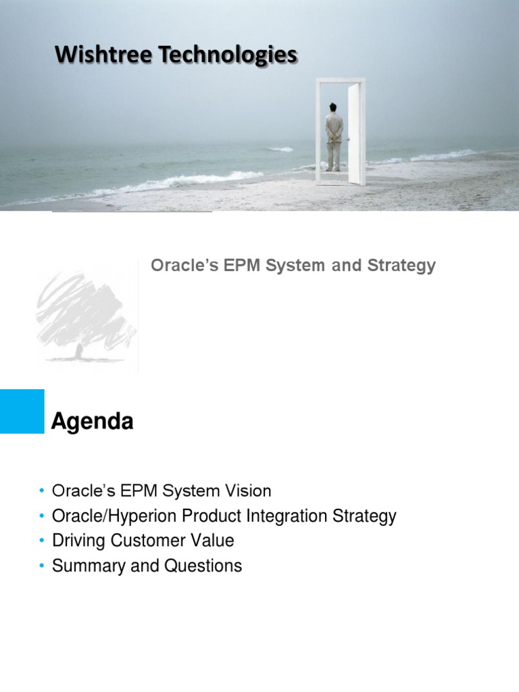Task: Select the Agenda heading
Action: (93, 422)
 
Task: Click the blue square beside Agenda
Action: (22, 411)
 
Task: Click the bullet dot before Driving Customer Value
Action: (42, 541)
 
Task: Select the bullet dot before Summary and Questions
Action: (42, 566)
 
